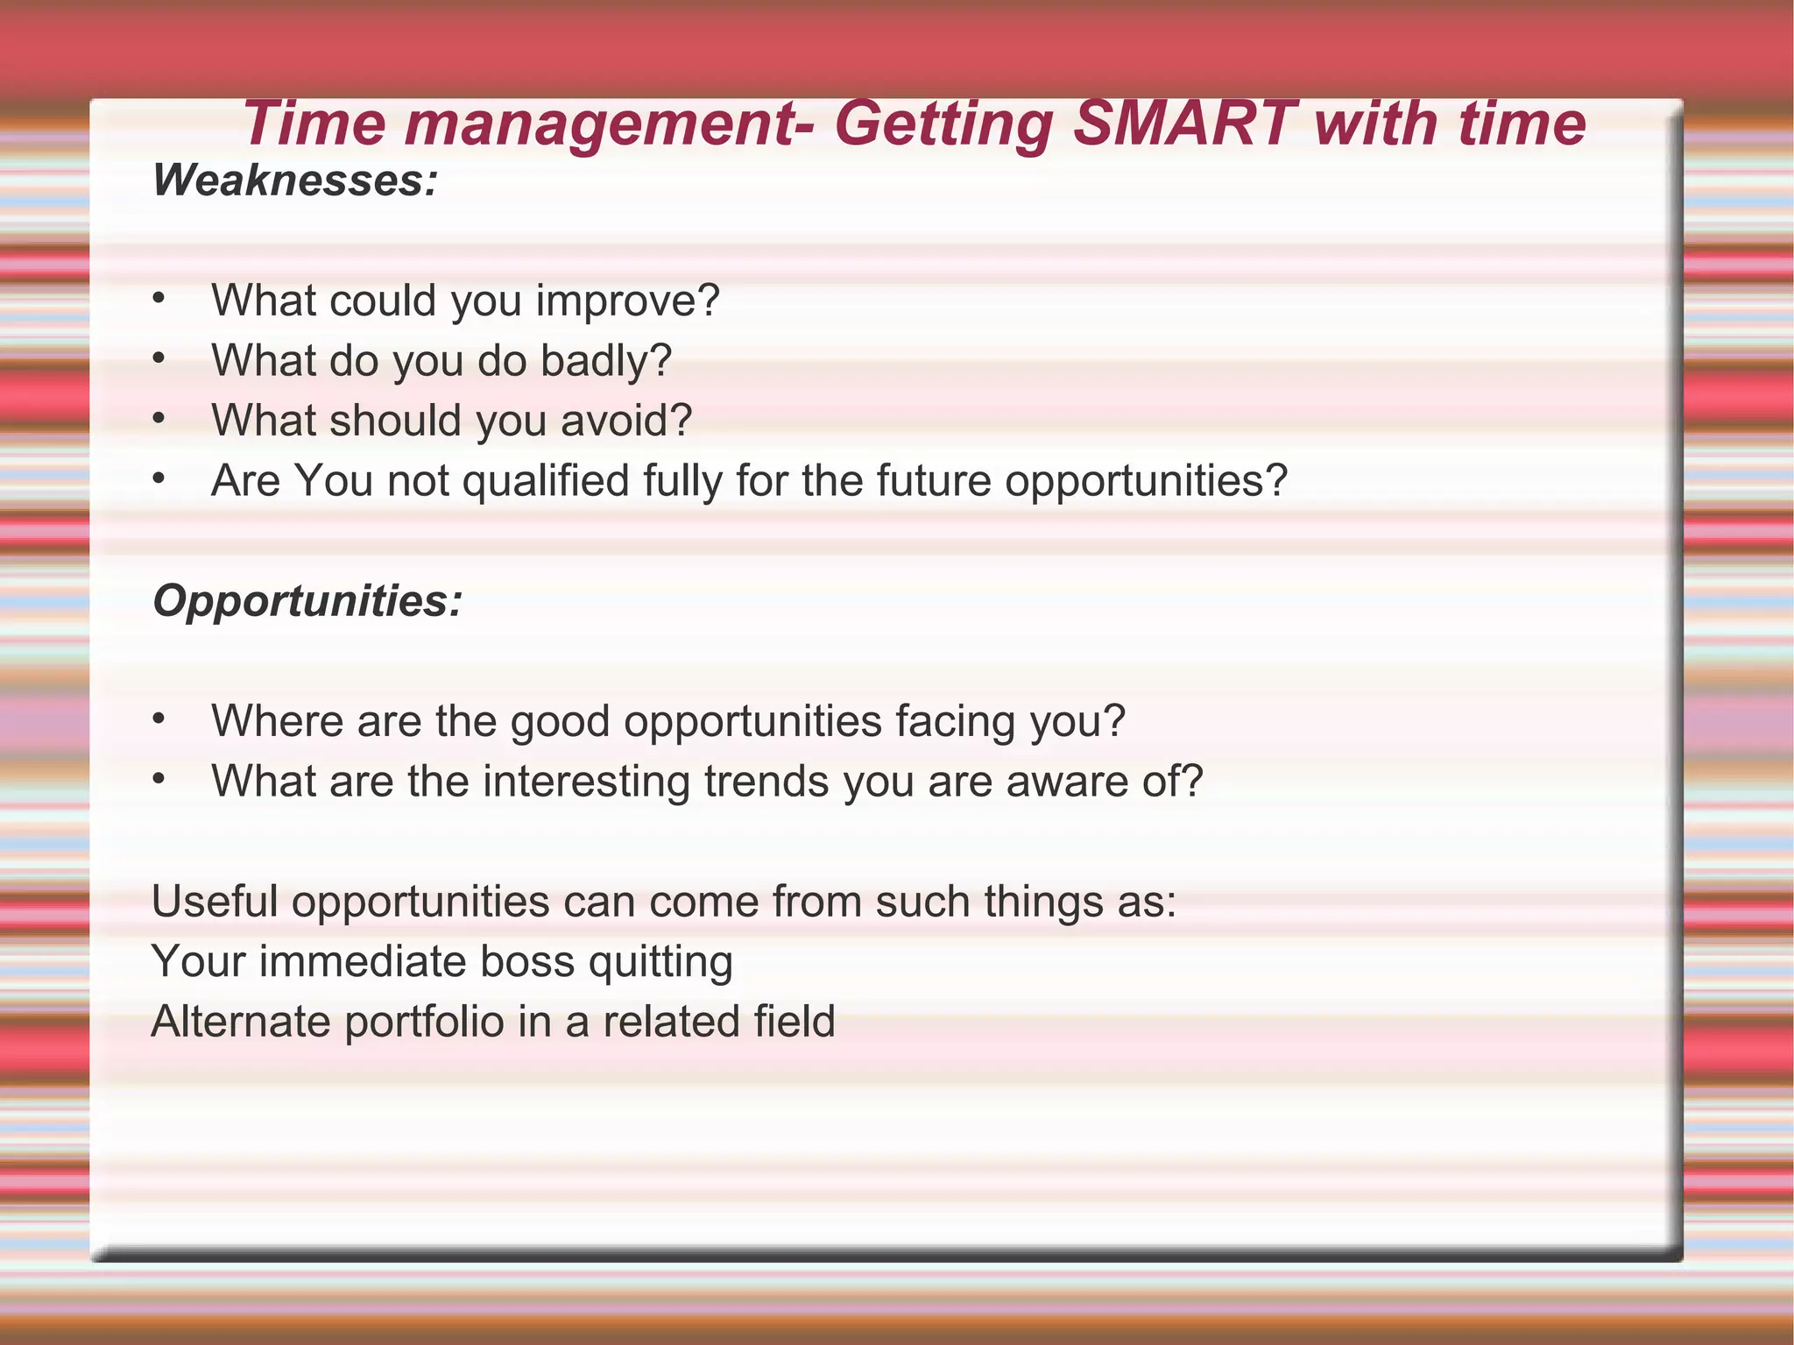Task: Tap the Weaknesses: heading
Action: pos(295,181)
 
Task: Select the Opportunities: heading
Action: pos(307,601)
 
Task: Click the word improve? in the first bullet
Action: pos(628,301)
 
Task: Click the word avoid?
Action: pos(626,421)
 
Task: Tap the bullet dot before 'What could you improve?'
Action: pos(158,299)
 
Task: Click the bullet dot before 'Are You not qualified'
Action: pos(158,478)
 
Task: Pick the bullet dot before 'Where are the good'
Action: pos(158,719)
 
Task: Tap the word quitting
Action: pos(660,963)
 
